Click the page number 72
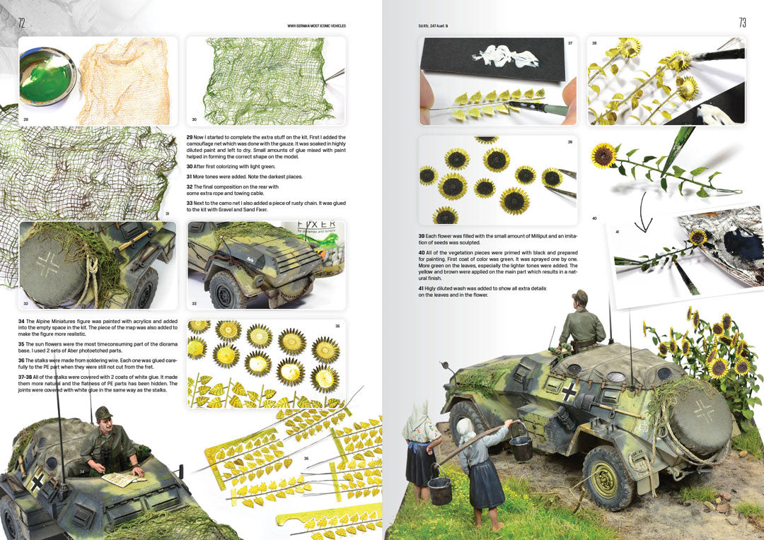point(21,23)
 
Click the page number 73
point(742,23)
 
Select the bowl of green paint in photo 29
point(47,75)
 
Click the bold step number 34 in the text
point(21,321)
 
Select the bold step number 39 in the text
point(422,235)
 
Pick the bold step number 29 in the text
point(190,136)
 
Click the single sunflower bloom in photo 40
point(603,155)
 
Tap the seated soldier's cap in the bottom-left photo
point(103,413)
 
